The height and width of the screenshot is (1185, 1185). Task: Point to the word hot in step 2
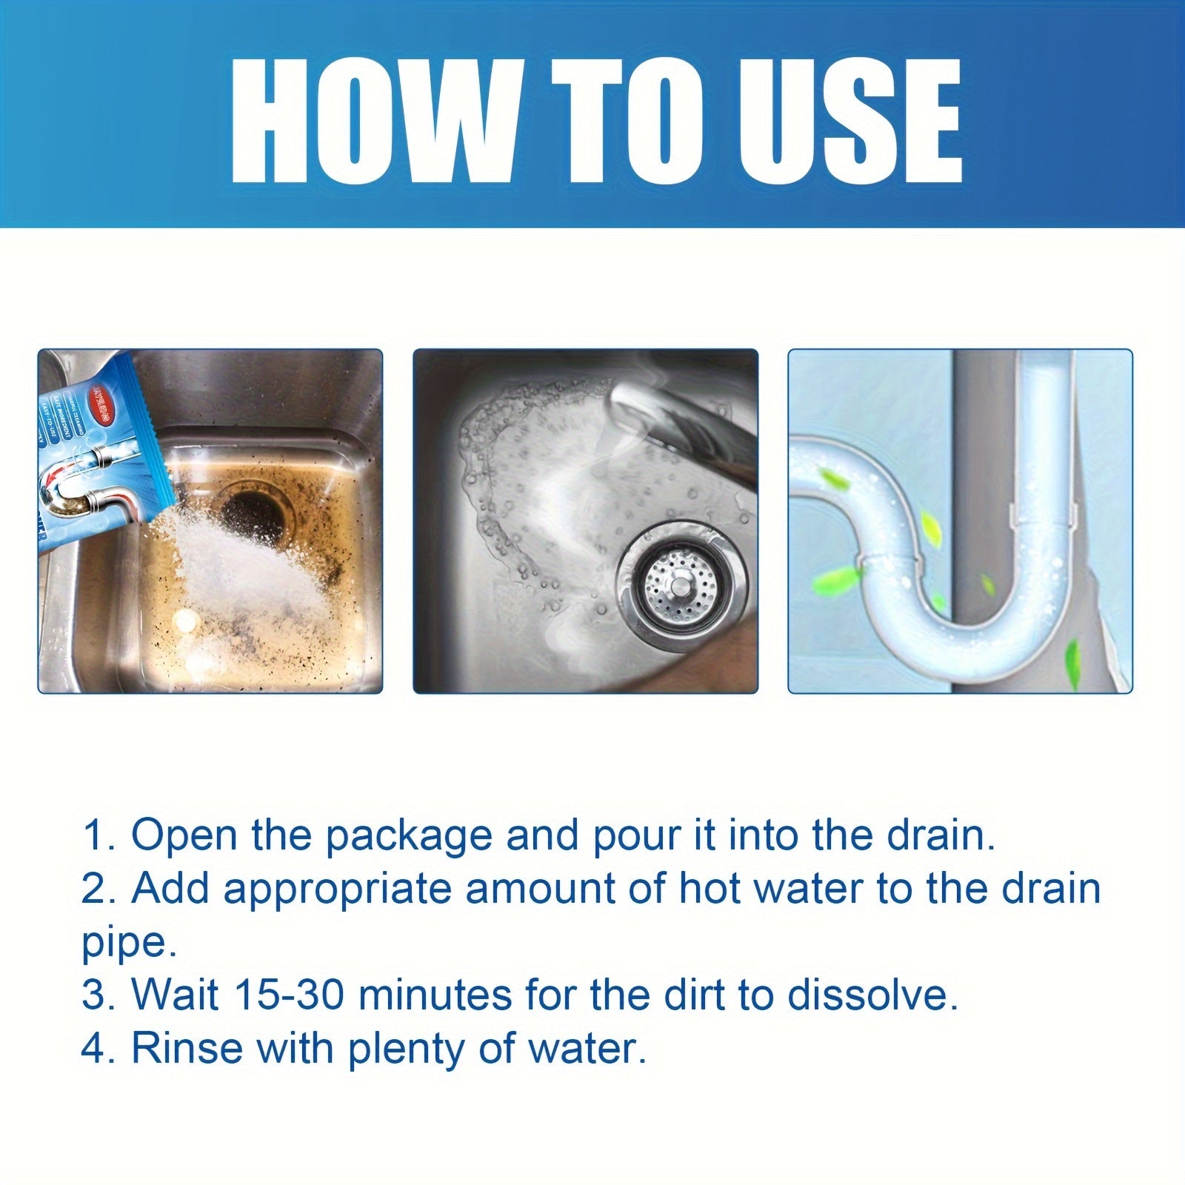(x=710, y=889)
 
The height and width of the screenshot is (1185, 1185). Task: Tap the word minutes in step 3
(x=436, y=995)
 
